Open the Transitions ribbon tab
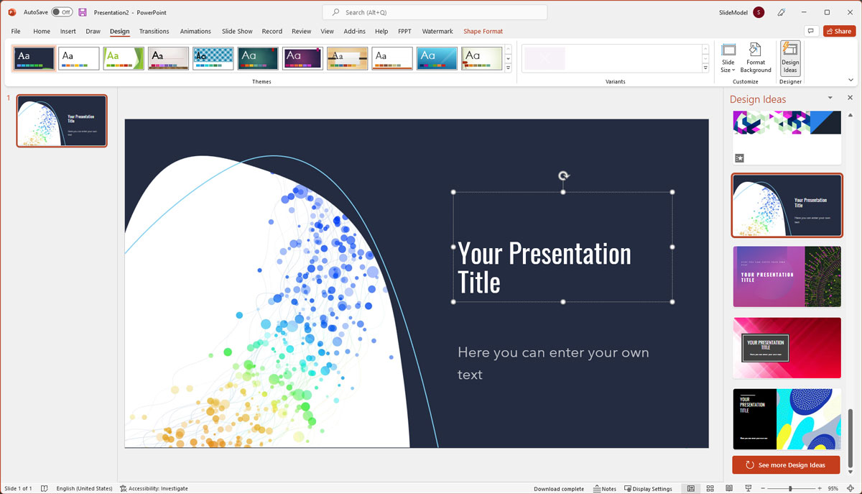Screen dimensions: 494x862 tap(154, 32)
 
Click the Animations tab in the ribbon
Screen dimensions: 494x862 tap(195, 32)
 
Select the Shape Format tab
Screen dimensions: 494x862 tap(483, 32)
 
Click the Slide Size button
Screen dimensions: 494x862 tap(728, 58)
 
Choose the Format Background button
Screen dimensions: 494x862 tap(756, 58)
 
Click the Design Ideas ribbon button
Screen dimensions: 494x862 tap(790, 58)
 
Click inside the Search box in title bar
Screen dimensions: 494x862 tap(435, 12)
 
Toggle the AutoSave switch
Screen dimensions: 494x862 tap(62, 12)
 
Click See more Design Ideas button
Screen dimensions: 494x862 tap(786, 465)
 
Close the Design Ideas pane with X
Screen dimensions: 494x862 tap(850, 98)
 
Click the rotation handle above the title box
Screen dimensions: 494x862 tap(564, 176)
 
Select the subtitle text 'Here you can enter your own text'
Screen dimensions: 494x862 tap(552, 363)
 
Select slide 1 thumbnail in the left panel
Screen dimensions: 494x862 tap(62, 121)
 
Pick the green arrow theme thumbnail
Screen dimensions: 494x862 tap(124, 58)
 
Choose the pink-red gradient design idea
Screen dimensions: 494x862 tap(787, 348)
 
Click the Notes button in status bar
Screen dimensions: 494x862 tap(605, 489)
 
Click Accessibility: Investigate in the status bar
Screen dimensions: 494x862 tap(154, 489)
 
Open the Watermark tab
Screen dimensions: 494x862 tap(437, 32)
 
